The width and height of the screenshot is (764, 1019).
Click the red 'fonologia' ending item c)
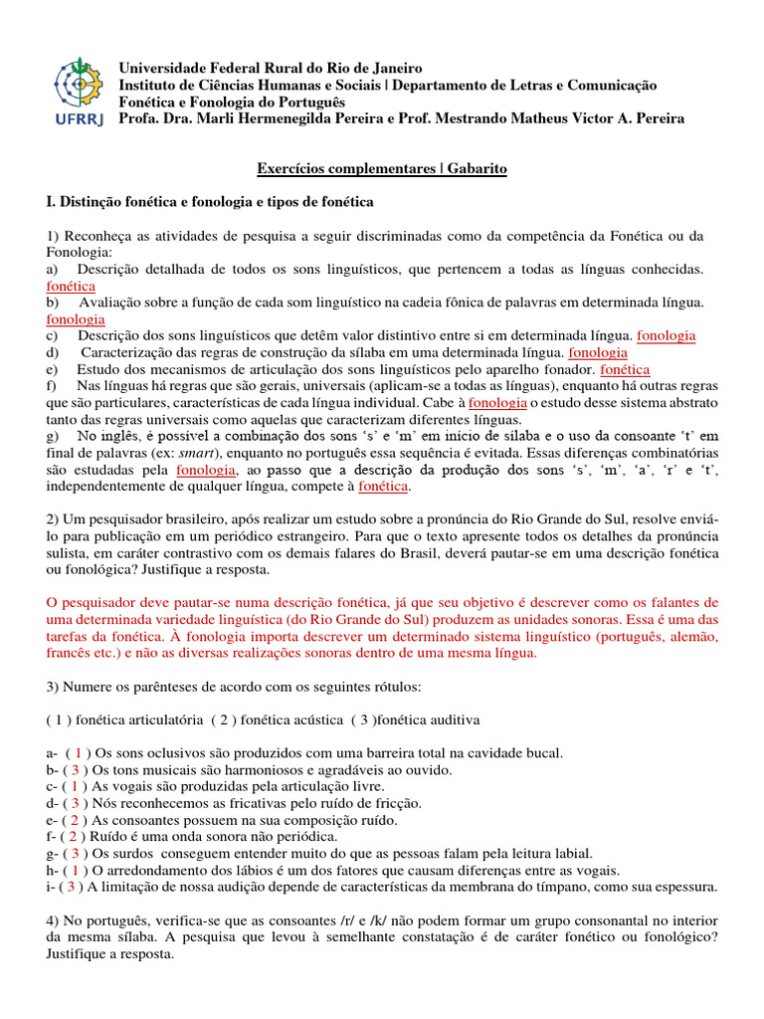point(666,335)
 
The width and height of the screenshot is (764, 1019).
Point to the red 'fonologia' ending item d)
point(597,352)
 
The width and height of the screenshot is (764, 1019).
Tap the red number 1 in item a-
point(78,753)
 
